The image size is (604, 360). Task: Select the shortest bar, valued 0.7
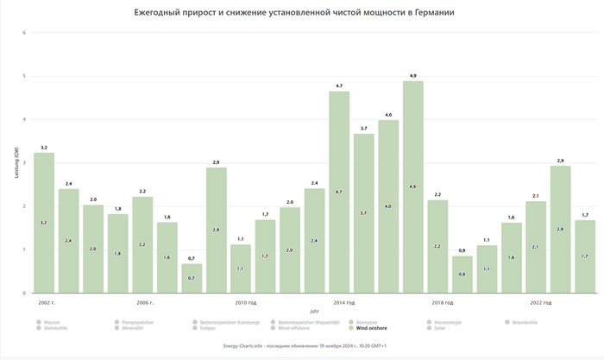pos(192,279)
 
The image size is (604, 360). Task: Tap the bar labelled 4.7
pos(339,192)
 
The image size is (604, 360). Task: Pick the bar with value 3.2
pos(44,223)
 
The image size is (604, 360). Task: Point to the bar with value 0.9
pos(462,275)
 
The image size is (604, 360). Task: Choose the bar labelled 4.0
pos(388,206)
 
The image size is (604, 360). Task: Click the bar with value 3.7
pos(364,213)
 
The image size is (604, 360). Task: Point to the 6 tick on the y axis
pos(25,33)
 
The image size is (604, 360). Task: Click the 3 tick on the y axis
pos(25,163)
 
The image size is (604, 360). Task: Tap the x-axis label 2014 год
pos(344,303)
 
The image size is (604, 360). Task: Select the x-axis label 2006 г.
pos(145,303)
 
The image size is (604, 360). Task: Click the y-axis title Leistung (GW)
pos(16,163)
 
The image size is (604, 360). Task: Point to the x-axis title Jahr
pos(314,311)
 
